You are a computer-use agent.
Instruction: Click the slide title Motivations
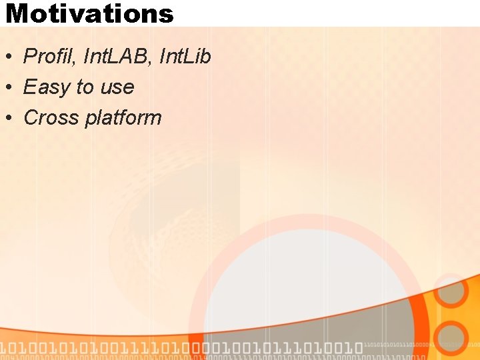(89, 13)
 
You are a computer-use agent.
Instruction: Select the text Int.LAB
(117, 57)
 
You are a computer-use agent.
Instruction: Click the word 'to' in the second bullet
(85, 87)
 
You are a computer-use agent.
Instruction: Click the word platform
(123, 119)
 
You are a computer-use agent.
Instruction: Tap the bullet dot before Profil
(9, 57)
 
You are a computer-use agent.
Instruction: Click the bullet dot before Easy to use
(9, 88)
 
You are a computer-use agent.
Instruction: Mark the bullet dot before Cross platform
(9, 119)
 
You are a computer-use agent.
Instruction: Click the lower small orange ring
(451, 338)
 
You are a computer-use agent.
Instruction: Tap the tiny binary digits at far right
(420, 346)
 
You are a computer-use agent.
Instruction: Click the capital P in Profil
(29, 57)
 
